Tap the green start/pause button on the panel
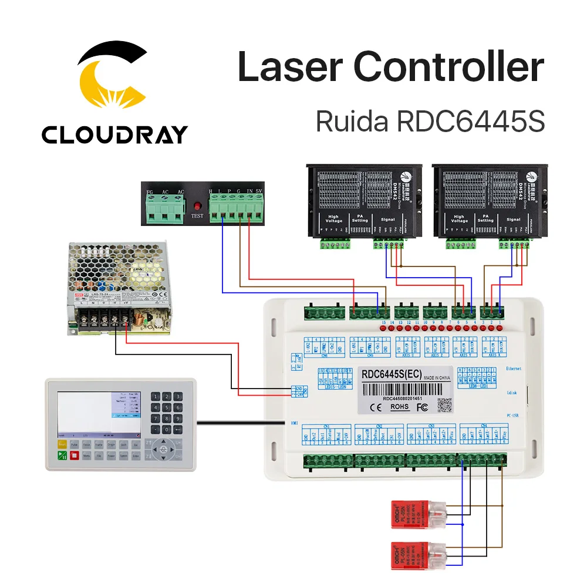[62, 456]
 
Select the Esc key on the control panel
[136, 445]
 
